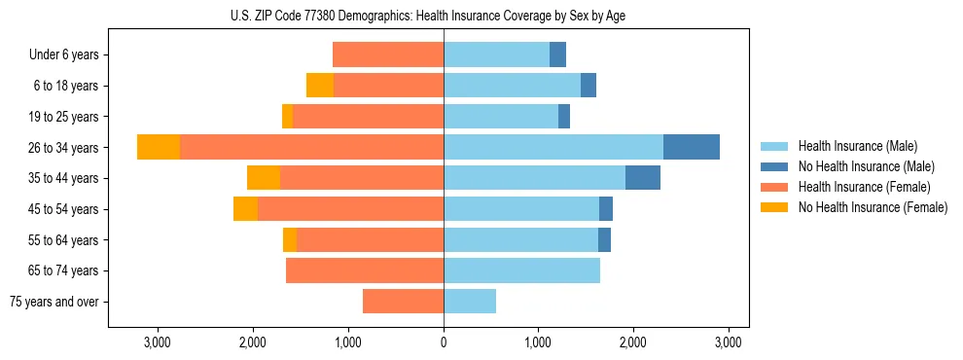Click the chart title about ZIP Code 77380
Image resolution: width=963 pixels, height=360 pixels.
(428, 15)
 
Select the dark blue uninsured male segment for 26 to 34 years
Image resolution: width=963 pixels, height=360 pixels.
(692, 147)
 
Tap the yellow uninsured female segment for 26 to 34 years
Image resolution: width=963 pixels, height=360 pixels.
(159, 147)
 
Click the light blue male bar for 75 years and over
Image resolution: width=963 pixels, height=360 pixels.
(470, 302)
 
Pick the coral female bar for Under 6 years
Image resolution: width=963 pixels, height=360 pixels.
(388, 54)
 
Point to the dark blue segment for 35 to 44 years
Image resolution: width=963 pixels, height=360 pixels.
(643, 178)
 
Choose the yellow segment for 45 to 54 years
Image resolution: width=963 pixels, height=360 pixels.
(245, 209)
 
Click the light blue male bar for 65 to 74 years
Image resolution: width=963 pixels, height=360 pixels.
(521, 270)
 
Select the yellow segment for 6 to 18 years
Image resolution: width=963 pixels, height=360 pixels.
(320, 86)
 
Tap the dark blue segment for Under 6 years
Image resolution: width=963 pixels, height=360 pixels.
(557, 54)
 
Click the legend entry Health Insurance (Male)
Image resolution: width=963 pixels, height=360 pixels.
(857, 146)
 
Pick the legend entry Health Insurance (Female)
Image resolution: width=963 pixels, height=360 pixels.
(864, 187)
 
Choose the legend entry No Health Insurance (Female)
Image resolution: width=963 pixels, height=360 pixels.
(873, 207)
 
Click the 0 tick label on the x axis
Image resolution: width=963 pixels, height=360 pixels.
(444, 342)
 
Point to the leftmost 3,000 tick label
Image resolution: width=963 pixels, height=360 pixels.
(158, 342)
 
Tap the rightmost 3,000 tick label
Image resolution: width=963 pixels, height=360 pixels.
(729, 342)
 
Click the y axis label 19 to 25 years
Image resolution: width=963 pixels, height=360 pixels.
(63, 117)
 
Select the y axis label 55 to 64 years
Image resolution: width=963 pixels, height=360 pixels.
(63, 240)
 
